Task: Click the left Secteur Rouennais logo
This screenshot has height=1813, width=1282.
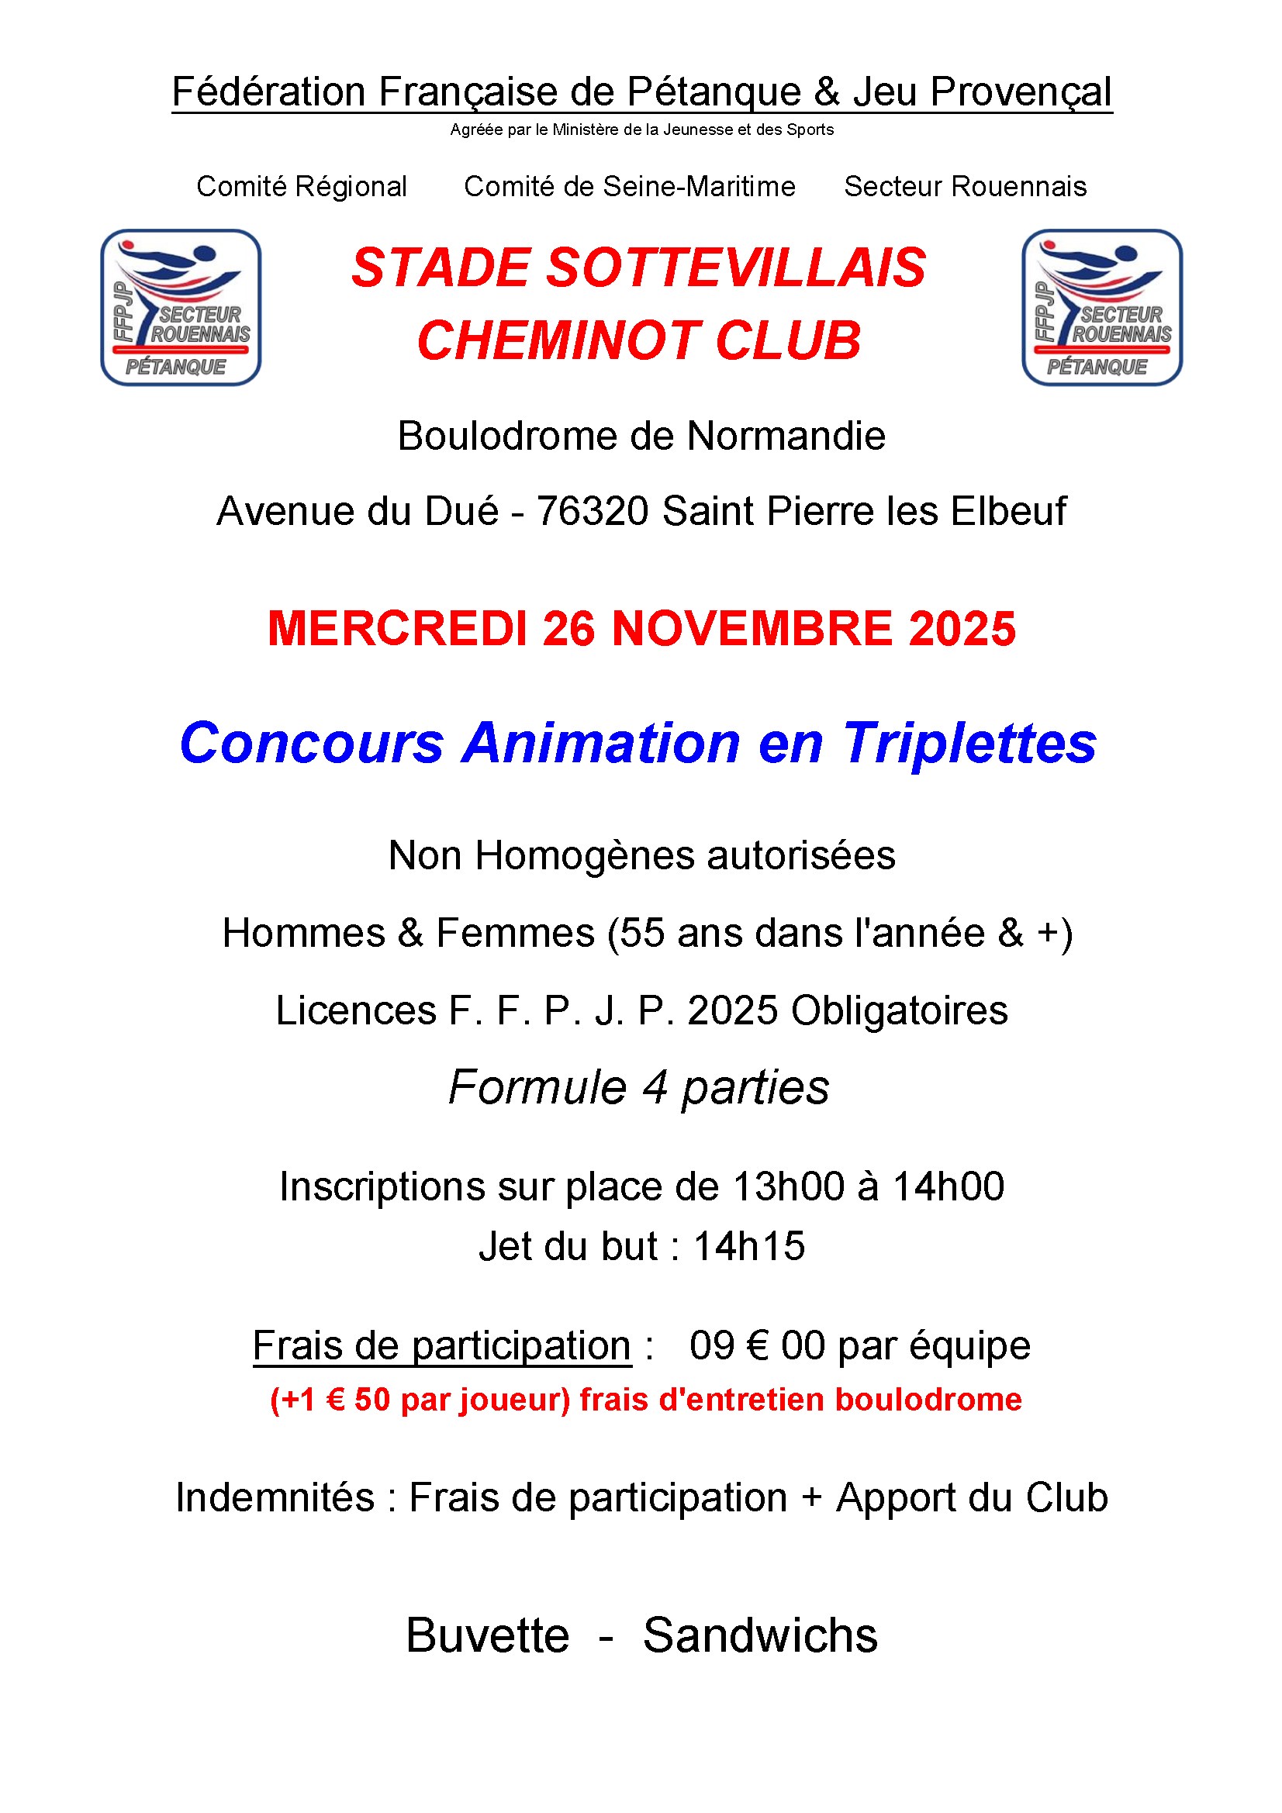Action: (x=181, y=307)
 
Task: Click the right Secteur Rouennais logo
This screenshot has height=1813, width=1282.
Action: (x=1102, y=307)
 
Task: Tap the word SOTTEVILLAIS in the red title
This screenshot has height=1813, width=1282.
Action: (x=735, y=268)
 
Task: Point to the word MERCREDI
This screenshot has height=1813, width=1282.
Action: (x=397, y=630)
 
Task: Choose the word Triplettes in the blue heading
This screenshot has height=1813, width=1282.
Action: (x=969, y=743)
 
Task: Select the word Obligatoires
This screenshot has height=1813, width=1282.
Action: (x=900, y=1010)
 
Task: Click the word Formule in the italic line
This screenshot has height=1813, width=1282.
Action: (x=537, y=1087)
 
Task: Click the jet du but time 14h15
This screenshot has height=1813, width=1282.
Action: (x=749, y=1246)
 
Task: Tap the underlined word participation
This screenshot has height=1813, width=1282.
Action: (x=521, y=1345)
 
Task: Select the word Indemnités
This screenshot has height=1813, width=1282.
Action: (x=275, y=1498)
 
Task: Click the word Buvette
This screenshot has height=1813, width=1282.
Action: (x=487, y=1635)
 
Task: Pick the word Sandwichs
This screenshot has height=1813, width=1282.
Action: (x=760, y=1635)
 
